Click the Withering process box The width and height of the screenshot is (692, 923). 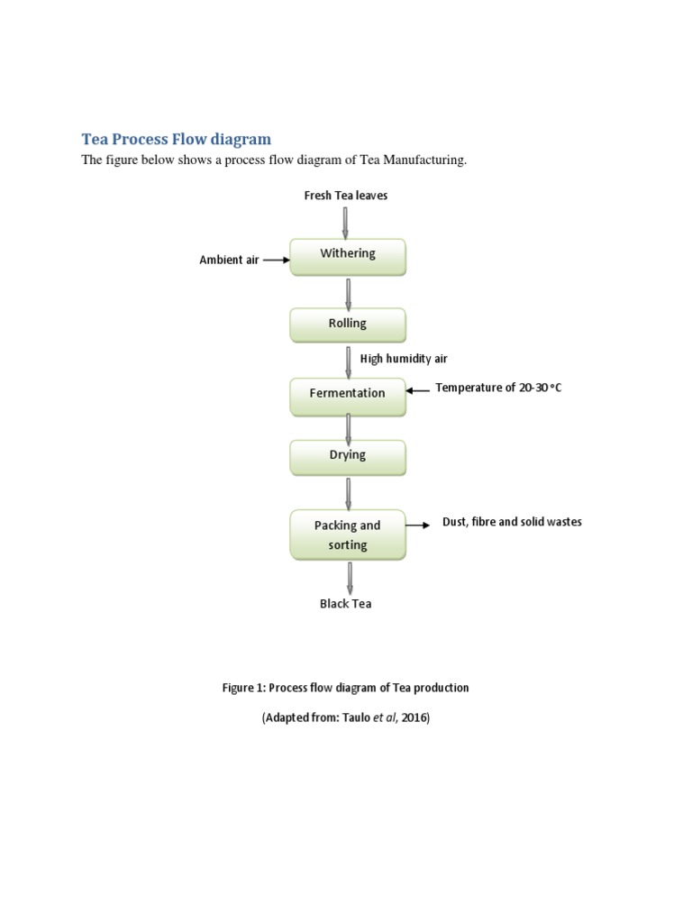tap(348, 256)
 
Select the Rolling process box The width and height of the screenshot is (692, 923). tap(348, 324)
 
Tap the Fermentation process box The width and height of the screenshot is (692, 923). tap(348, 395)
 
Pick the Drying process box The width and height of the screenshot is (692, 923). tap(348, 457)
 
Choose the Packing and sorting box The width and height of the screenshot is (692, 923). tap(348, 535)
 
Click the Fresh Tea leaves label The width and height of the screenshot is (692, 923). tap(346, 196)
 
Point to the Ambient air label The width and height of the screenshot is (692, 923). tap(229, 260)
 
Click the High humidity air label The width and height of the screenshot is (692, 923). tap(404, 359)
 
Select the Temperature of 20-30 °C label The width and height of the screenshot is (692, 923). tap(498, 388)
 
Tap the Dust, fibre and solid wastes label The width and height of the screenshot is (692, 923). tap(512, 523)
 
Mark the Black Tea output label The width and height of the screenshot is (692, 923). tap(345, 604)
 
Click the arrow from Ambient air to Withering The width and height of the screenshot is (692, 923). tap(276, 260)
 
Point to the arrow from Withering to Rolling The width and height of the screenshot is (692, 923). tap(348, 292)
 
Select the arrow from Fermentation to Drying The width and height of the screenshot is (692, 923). tap(348, 427)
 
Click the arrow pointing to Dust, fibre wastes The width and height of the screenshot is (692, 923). tap(418, 525)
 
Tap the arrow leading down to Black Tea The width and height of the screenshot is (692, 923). tap(349, 577)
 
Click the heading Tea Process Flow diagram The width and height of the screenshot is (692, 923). tap(177, 139)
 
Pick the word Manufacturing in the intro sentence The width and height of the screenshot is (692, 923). tap(423, 160)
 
